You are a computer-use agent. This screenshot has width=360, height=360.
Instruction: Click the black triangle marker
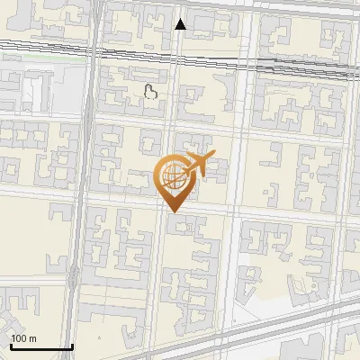coord(181,24)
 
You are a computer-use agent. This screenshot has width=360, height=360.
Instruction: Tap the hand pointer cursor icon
coord(151,90)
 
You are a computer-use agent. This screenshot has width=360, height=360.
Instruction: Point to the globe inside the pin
coord(171,176)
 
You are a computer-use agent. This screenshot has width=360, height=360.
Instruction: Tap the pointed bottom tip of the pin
coord(172,211)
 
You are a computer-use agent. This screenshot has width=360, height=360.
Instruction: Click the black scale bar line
coord(40,346)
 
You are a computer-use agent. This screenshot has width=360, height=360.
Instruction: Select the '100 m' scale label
coord(23,338)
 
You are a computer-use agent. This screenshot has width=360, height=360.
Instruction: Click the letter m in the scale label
coord(31,338)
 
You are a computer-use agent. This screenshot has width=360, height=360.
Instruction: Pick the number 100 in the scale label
coord(19,338)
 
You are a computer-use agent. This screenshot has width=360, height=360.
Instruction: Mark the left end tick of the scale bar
coord(10,345)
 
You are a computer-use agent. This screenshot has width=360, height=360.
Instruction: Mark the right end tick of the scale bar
coord(72,345)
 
